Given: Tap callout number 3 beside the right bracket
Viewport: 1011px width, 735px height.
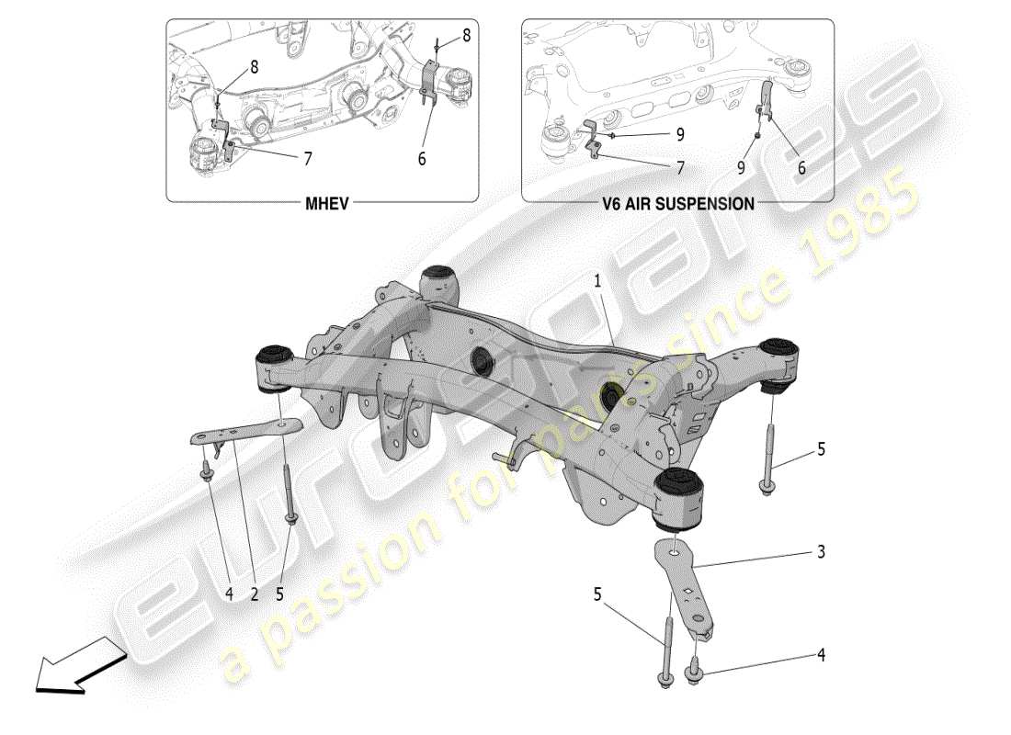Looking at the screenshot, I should pyautogui.click(x=821, y=552).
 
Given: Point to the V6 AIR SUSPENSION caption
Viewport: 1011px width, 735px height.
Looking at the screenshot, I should pyautogui.click(x=677, y=203).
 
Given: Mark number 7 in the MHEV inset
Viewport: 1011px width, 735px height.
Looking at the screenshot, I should pyautogui.click(x=307, y=159).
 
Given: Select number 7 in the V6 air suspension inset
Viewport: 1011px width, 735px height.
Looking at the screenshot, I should pyautogui.click(x=679, y=167).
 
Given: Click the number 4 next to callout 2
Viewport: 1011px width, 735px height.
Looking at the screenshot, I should pyautogui.click(x=229, y=594).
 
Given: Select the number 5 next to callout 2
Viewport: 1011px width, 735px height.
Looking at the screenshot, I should pyautogui.click(x=279, y=594).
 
